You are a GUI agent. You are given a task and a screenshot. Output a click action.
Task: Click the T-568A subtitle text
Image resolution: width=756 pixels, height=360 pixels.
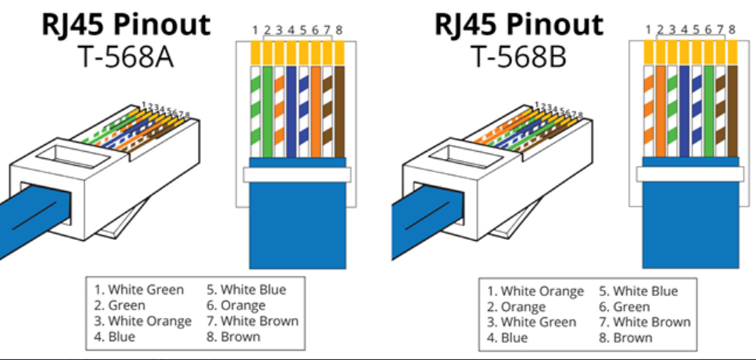pos(125,57)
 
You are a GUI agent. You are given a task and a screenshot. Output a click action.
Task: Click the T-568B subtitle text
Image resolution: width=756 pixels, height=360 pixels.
pos(518,57)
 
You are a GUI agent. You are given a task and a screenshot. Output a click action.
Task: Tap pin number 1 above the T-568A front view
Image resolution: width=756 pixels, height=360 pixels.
pos(255,30)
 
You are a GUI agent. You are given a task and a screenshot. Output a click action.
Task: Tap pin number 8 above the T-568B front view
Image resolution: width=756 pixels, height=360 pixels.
pos(732,30)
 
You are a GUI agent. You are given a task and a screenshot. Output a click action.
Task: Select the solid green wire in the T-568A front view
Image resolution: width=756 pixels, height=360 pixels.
pos(267,111)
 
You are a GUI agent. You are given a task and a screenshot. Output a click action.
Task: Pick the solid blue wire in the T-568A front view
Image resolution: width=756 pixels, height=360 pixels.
pos(291,111)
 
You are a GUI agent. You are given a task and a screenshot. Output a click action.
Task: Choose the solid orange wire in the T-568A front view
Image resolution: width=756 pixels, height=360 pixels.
pos(316,111)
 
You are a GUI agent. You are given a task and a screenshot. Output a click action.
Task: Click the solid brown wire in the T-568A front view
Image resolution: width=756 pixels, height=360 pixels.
pos(340,111)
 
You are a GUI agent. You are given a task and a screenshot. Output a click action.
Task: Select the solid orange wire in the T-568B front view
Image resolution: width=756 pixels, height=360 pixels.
pos(661,111)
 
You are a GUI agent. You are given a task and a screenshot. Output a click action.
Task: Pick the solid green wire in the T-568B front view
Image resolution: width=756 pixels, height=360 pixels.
pos(708,111)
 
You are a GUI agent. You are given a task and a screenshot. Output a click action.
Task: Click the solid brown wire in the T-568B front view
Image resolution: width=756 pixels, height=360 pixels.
pos(733,111)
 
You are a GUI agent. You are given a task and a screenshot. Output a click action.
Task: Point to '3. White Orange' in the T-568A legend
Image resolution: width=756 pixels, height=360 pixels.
pos(143,321)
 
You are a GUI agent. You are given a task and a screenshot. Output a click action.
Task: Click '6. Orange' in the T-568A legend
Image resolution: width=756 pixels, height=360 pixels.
pos(236,305)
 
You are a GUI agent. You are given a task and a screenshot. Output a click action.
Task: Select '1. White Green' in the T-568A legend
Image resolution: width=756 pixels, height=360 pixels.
pos(139,290)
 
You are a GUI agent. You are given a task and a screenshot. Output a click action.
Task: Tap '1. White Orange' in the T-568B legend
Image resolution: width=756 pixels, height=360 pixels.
pos(535,291)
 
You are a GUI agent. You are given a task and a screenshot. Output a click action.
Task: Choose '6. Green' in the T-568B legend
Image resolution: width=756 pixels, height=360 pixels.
pos(624,306)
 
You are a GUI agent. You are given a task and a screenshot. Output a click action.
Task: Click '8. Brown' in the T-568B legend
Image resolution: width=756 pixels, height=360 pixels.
pos(625,337)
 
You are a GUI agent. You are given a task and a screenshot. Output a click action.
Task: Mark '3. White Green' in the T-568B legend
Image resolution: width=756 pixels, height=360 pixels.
pos(532,322)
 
